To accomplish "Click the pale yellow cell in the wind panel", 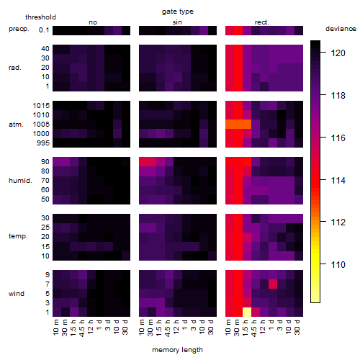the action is (x=247, y=312).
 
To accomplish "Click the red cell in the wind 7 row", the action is (x=273, y=284).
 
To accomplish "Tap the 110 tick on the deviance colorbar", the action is (x=323, y=264).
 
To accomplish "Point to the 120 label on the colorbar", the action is (x=338, y=53).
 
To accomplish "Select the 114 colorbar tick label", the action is (x=338, y=180).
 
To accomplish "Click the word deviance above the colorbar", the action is (x=341, y=29).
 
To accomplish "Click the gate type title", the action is (x=178, y=12).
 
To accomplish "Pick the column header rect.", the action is (x=261, y=22).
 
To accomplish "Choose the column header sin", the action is (x=177, y=22).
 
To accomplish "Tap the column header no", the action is (x=93, y=22).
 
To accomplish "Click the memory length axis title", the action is (x=177, y=350).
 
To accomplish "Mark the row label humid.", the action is (x=20, y=181).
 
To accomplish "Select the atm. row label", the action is (x=16, y=125).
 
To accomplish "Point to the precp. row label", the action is (x=19, y=29).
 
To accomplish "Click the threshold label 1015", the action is (x=41, y=105).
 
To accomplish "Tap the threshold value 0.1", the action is (x=44, y=30).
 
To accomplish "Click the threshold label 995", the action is (x=43, y=143).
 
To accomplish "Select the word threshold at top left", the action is (x=40, y=17).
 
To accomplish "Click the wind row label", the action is (x=17, y=294).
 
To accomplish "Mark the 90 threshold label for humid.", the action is (x=45, y=162).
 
